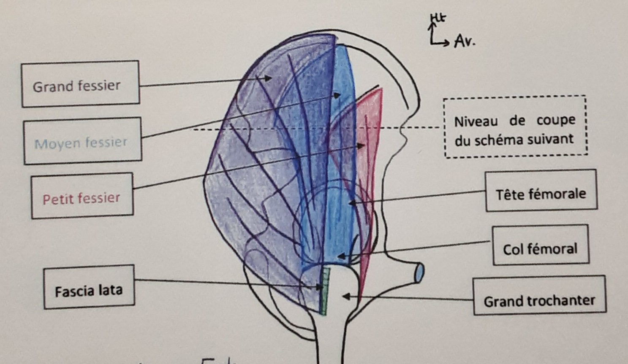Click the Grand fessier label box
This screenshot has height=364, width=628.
80,84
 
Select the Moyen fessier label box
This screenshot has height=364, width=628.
82,141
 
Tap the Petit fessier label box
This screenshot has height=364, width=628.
82,196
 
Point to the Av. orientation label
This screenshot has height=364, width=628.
465,42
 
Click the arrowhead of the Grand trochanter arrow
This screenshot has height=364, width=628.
345,297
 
